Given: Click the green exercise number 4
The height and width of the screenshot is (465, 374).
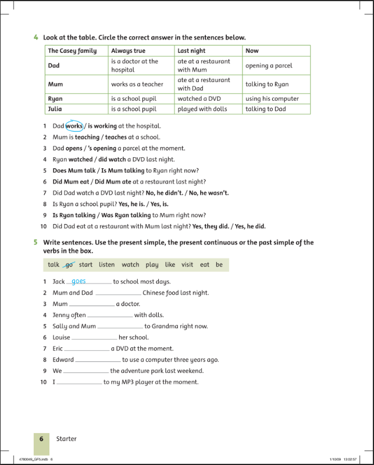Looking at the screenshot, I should [x=36, y=38].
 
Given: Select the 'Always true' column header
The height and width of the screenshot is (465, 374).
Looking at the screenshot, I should [x=128, y=51].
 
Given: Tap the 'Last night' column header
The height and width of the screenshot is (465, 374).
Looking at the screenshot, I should [x=191, y=51].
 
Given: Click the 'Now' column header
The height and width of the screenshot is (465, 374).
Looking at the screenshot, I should [x=252, y=51].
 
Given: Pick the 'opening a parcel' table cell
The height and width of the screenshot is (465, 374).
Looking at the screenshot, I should [x=269, y=66].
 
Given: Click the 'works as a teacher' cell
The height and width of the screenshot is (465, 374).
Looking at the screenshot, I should [x=137, y=84].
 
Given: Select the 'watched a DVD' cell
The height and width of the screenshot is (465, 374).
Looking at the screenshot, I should [x=199, y=99].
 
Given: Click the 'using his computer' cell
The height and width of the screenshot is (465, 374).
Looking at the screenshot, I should [x=272, y=99].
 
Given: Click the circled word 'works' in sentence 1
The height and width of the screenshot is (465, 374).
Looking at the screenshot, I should [x=74, y=126].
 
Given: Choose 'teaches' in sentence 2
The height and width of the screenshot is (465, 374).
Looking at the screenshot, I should [x=116, y=137].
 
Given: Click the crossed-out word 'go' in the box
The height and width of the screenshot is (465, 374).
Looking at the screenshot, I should [x=69, y=265].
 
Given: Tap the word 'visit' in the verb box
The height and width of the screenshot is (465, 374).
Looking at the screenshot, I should [x=187, y=265].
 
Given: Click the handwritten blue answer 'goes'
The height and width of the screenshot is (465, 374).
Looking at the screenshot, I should [x=79, y=281].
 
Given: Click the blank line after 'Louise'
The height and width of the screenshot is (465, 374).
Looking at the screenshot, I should [x=94, y=338].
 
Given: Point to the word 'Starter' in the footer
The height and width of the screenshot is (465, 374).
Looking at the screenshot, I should [x=66, y=439].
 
